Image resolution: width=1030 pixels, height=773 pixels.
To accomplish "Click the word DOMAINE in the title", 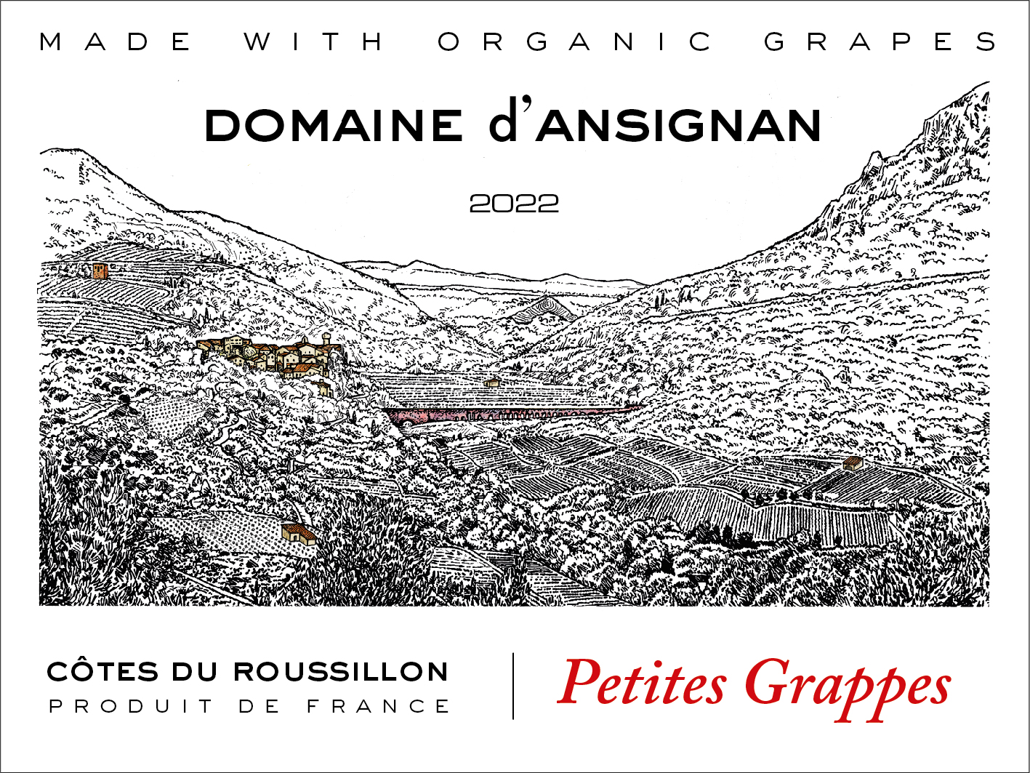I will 334,125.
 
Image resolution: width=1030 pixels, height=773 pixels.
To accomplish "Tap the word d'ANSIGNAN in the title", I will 656,125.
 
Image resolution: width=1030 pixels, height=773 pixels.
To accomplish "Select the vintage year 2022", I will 514,204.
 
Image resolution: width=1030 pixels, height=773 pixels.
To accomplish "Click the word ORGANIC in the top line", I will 576,42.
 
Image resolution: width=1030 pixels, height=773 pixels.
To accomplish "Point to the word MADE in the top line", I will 116,42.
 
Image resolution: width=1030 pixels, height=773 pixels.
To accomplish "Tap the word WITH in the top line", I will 314,42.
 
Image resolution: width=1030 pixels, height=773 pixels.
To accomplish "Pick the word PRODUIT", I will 131,706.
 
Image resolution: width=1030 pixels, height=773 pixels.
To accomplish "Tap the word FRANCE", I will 378,706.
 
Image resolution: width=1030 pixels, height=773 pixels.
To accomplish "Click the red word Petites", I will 643,684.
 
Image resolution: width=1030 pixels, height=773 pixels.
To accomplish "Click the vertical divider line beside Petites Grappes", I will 514,686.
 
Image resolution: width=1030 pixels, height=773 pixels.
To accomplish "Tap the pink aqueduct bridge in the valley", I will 509,414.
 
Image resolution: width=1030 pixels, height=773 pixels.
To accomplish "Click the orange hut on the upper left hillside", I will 100,271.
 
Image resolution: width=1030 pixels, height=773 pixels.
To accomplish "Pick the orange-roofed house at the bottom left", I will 299,532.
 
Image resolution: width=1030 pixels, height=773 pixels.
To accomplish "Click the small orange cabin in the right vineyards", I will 851,463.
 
